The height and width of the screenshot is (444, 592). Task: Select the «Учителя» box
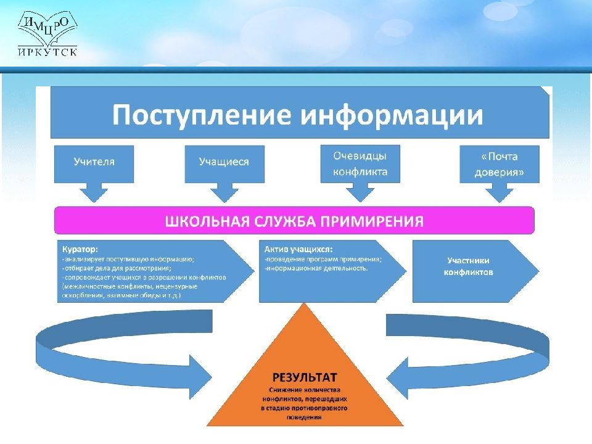(94, 162)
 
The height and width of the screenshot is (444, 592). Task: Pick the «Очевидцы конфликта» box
(360, 163)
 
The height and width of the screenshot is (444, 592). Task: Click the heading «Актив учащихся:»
(298, 250)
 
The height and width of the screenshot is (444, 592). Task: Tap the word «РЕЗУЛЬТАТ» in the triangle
(305, 377)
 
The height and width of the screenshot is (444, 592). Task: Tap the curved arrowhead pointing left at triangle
(401, 376)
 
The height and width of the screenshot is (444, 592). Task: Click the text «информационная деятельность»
(315, 269)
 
